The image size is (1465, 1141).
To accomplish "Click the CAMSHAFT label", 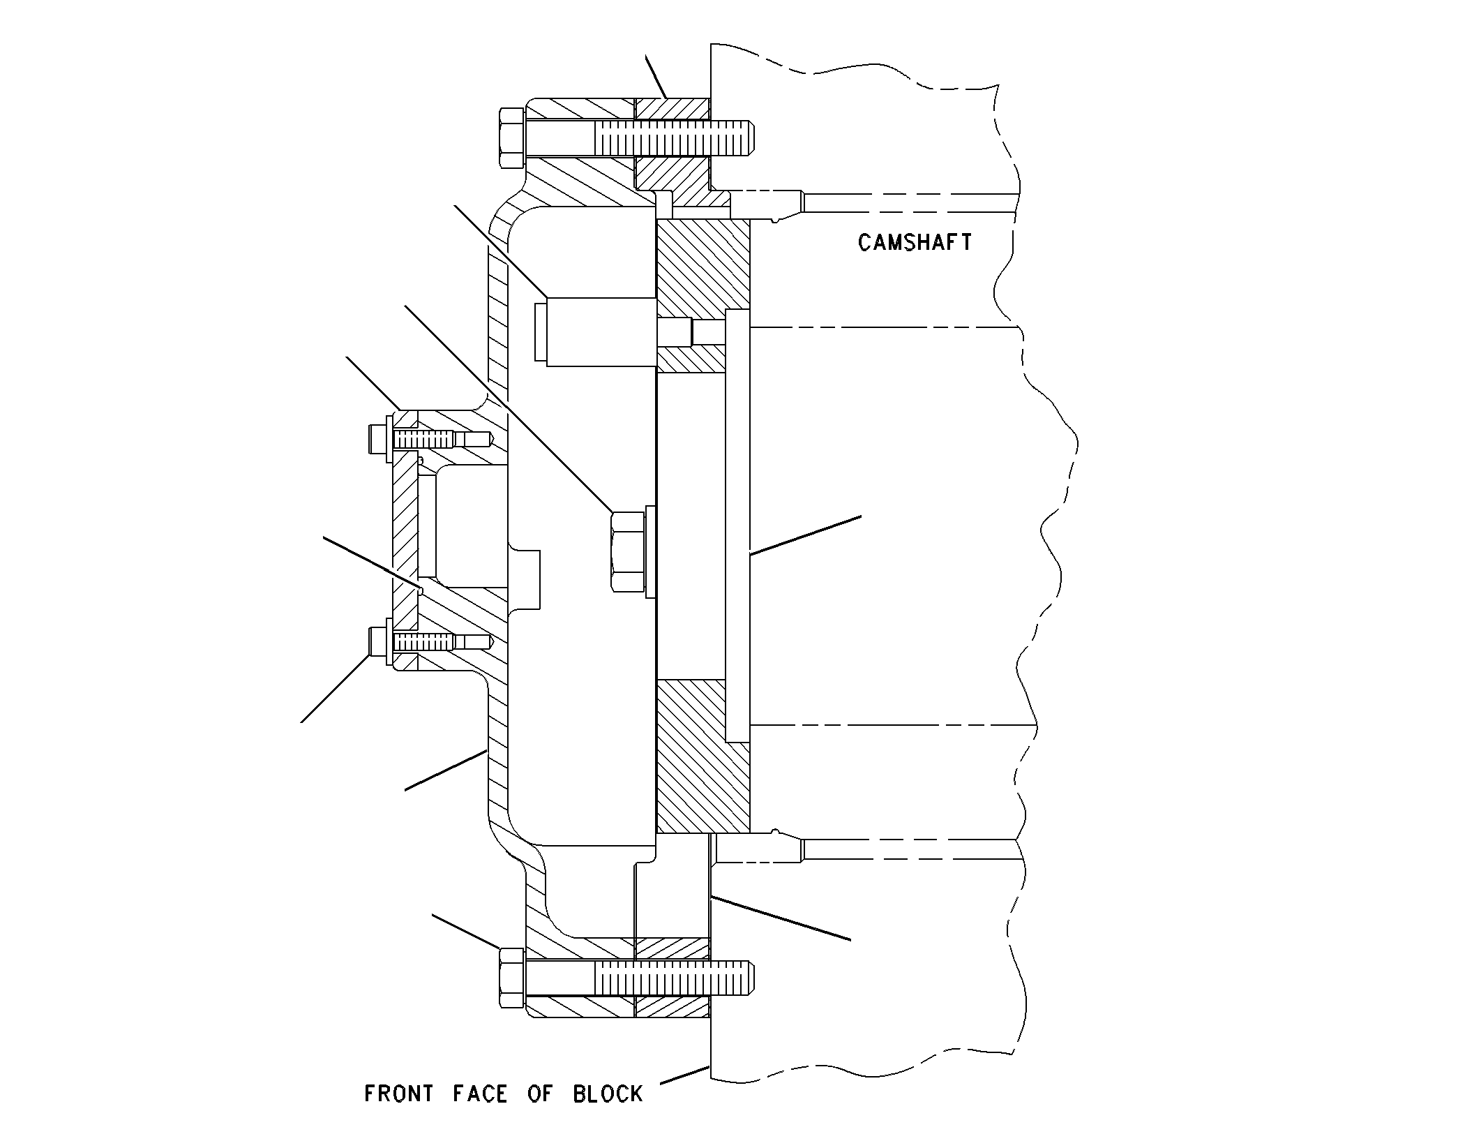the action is [915, 242].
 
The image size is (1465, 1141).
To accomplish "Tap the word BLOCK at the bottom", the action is [608, 1093].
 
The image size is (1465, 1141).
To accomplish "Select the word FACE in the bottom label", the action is [480, 1093].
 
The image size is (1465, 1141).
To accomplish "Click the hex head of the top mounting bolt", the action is [512, 138].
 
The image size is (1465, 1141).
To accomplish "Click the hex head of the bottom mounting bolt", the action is [512, 978].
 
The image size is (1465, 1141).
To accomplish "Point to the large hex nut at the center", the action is [628, 551].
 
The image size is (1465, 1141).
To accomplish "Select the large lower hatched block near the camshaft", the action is [703, 757].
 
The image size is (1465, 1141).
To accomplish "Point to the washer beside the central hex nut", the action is [651, 551].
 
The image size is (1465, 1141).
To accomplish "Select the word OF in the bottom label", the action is [539, 1093].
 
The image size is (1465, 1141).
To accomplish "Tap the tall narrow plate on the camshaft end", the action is [737, 525].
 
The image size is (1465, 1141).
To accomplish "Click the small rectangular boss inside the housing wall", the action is [524, 579].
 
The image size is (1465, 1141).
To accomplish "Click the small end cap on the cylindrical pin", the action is [541, 332].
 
